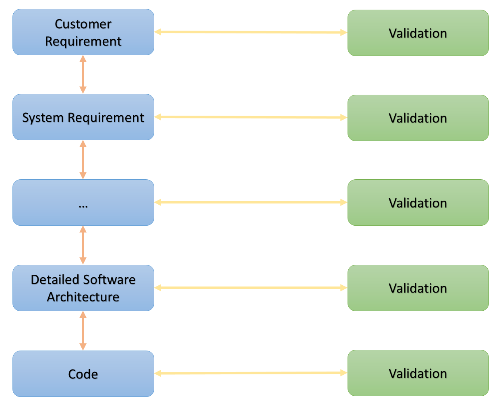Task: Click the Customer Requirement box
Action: (83, 32)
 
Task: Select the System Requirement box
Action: (83, 117)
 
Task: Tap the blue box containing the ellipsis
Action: (83, 202)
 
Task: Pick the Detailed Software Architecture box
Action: (83, 288)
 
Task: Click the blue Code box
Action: (83, 374)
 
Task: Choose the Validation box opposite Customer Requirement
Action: (418, 33)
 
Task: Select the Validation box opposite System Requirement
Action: (418, 118)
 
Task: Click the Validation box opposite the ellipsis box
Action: (418, 203)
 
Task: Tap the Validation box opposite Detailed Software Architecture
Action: (418, 288)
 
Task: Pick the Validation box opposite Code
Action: (418, 373)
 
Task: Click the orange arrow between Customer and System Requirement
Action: (83, 75)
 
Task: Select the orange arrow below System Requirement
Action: (83, 160)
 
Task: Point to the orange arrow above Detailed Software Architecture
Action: (83, 245)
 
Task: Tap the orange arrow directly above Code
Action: (83, 330)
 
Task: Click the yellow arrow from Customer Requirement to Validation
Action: (250, 32)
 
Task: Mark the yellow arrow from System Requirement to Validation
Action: (250, 117)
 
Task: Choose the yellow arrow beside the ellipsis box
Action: (250, 202)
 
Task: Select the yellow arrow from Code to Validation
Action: (250, 373)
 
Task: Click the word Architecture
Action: (83, 297)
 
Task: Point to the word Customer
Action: (83, 24)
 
